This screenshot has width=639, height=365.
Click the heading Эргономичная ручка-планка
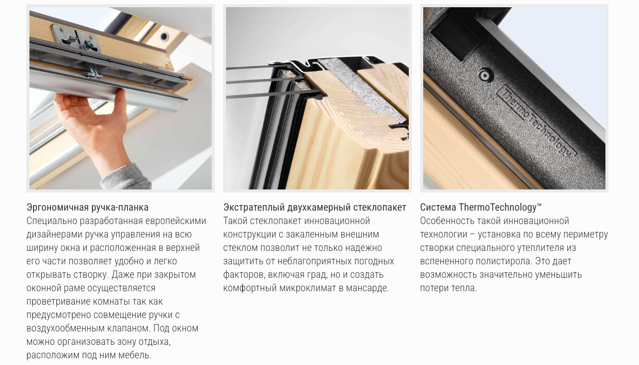pyautogui.click(x=87, y=208)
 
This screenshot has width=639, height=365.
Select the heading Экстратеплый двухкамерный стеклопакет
pyautogui.click(x=315, y=208)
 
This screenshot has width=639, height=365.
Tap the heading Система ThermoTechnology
pyautogui.click(x=481, y=208)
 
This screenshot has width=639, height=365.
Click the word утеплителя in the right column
pyautogui.click(x=539, y=248)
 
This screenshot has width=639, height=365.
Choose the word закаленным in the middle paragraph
pyautogui.click(x=310, y=234)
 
